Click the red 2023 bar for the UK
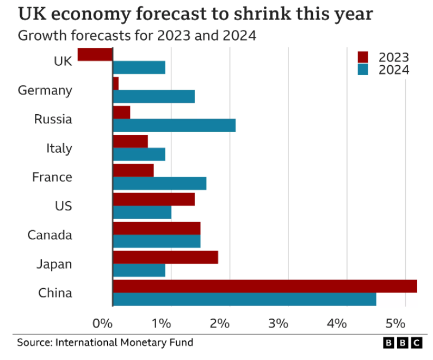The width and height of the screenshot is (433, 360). coord(95,54)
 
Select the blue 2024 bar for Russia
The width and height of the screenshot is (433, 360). coord(174,126)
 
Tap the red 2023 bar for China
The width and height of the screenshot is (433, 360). coord(264,286)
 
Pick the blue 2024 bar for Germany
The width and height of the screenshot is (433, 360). coord(153,97)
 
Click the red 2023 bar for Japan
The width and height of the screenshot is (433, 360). coord(165,257)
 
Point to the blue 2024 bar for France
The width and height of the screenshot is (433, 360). coord(159,184)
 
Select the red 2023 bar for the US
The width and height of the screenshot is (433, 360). coord(153,199)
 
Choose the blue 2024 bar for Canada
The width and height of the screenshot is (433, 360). coord(157,241)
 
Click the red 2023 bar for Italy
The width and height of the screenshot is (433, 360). coord(130,141)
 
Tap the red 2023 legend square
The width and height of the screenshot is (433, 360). coord(363,57)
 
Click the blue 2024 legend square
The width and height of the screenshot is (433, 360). coord(363,70)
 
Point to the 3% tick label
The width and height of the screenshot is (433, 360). coord(278,324)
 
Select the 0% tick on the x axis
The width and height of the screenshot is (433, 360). coord(102,324)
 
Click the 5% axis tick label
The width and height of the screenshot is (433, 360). coord(395,324)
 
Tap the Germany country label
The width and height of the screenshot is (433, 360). coord(45,90)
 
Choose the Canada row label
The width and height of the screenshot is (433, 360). coord(50,235)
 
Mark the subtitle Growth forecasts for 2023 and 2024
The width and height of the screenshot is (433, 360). coord(137,36)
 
